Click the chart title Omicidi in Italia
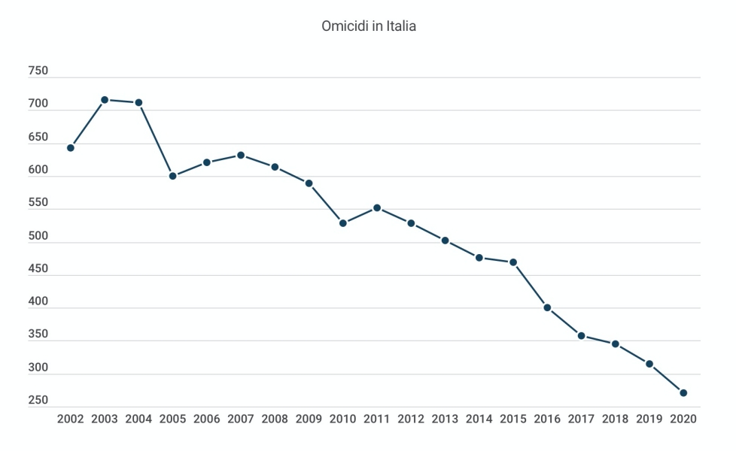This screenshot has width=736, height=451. [369, 26]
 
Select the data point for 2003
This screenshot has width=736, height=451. [105, 99]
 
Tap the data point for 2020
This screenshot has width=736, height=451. [683, 392]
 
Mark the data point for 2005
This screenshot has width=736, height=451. [172, 176]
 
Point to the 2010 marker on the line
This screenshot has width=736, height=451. [343, 223]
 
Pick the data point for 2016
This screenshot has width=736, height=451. [547, 307]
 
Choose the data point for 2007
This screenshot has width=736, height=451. [241, 155]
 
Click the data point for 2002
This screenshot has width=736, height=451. [71, 147]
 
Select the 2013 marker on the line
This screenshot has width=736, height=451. [445, 241]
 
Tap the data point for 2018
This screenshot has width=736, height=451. [615, 344]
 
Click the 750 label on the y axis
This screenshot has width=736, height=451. [38, 71]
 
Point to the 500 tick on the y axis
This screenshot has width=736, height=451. [38, 236]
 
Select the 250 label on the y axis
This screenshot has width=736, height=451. [38, 401]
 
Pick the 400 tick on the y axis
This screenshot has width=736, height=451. [38, 301]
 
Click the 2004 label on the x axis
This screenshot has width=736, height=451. [138, 419]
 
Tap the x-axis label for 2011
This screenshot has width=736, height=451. [377, 419]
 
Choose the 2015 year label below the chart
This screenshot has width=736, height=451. [513, 419]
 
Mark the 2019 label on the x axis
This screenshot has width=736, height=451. [649, 419]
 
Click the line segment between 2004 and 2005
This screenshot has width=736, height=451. [156, 139]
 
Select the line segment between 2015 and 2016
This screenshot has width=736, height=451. [531, 285]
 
